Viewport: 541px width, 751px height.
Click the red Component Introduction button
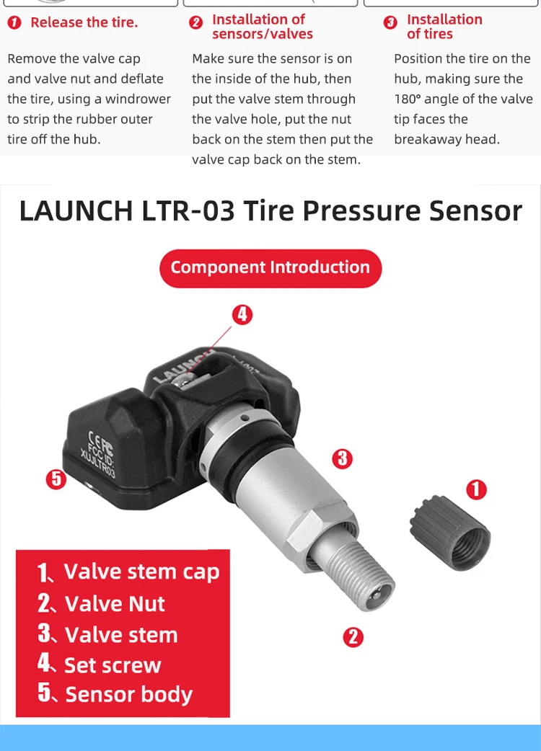[x=270, y=268]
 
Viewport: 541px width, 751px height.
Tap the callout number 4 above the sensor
[x=243, y=314]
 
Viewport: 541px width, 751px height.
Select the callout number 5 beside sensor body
[x=56, y=479]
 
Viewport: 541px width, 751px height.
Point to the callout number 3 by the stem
[x=341, y=457]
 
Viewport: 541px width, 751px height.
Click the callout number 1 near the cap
[x=476, y=490]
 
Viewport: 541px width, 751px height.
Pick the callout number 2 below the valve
[x=352, y=636]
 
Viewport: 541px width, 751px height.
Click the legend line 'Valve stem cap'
[x=128, y=572]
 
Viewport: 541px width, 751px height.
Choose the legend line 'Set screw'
[x=100, y=665]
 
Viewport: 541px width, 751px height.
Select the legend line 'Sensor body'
[x=115, y=695]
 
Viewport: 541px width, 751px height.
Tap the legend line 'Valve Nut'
[x=102, y=604]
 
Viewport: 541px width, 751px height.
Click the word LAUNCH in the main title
[x=76, y=210]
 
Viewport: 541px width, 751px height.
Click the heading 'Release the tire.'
[x=84, y=22]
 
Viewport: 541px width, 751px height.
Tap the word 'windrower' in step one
[x=138, y=99]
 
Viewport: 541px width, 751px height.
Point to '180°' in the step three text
[x=411, y=99]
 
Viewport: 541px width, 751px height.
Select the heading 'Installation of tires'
[x=444, y=27]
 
